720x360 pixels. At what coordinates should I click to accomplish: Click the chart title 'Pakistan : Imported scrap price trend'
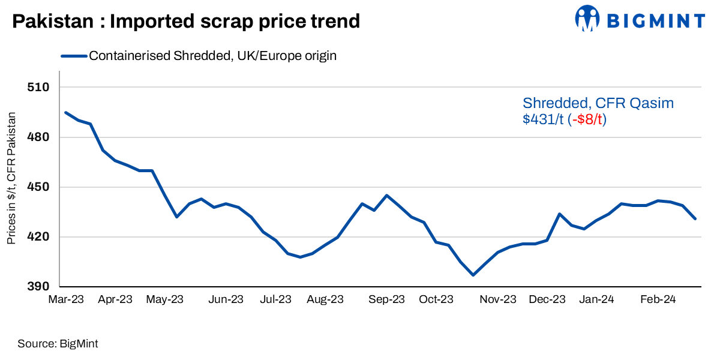tap(186, 22)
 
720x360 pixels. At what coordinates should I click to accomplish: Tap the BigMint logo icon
tap(587, 19)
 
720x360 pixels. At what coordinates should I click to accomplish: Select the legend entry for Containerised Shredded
tap(212, 56)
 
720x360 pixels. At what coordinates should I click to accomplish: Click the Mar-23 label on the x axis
tap(65, 299)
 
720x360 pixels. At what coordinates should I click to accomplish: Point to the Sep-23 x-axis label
tap(387, 299)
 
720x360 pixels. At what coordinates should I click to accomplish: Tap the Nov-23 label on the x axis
tap(497, 299)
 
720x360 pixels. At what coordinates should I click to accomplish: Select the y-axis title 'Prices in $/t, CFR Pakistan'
tap(11, 178)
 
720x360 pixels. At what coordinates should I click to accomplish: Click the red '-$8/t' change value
tap(588, 119)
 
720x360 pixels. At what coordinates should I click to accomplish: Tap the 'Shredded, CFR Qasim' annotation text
tap(598, 103)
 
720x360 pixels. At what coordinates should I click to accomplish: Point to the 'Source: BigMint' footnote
tap(58, 344)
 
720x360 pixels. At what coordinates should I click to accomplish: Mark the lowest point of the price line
tap(473, 275)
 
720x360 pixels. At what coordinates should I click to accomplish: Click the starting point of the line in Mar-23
tap(65, 112)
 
